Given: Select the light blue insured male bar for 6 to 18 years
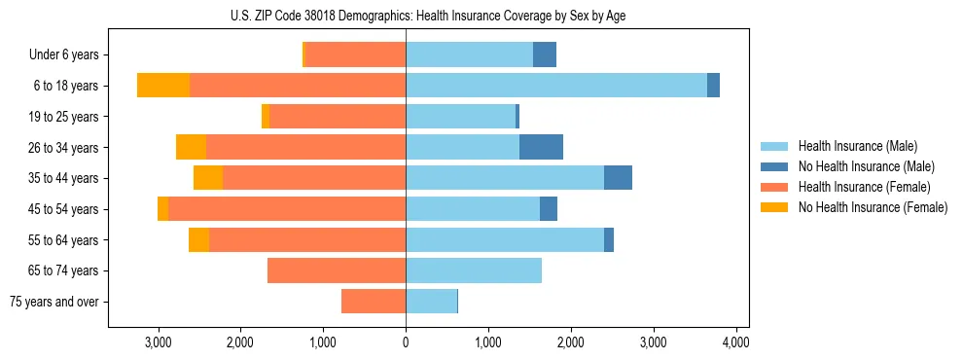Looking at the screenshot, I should [555, 86].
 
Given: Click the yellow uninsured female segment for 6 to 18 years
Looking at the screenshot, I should [163, 86].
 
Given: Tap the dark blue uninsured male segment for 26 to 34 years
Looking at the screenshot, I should [541, 147].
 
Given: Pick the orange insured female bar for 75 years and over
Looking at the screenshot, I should [374, 302].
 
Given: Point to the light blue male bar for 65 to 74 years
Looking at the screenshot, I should [474, 270].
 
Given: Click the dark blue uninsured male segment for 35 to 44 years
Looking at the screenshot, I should [618, 178].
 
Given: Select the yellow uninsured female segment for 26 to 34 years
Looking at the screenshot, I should [191, 147].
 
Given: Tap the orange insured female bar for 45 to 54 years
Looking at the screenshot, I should [287, 209].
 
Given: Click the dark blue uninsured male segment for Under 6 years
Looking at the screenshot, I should [545, 54].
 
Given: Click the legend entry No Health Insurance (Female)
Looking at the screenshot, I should [873, 207].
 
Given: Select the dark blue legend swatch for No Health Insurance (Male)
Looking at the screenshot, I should [775, 166].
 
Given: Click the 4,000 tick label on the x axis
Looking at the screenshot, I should [735, 342].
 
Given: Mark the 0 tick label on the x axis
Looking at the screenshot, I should [406, 342].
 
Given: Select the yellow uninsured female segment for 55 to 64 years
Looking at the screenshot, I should [198, 239].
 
